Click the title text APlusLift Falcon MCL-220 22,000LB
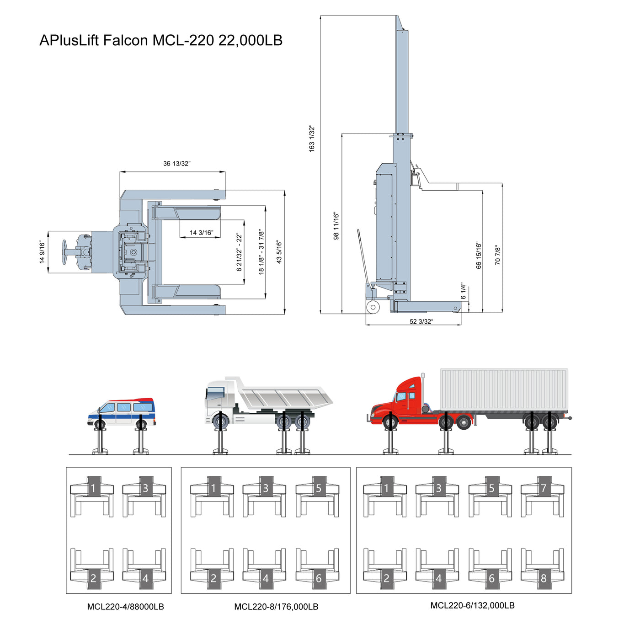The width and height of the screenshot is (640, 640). click(x=161, y=40)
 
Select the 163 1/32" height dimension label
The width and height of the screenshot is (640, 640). click(x=312, y=138)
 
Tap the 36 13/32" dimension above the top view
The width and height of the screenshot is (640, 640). click(x=177, y=164)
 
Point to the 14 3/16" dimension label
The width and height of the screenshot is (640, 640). click(x=201, y=233)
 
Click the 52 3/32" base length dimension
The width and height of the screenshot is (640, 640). click(x=421, y=321)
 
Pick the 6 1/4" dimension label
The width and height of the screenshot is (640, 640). click(x=464, y=291)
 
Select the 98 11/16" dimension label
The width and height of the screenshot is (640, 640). click(x=336, y=225)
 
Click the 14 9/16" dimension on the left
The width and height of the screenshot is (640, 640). click(x=42, y=252)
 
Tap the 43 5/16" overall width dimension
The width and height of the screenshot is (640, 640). click(x=279, y=252)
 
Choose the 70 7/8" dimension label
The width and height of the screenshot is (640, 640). click(x=498, y=255)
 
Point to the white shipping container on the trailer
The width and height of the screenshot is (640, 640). click(x=504, y=389)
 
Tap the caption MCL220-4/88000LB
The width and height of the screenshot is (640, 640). click(x=125, y=607)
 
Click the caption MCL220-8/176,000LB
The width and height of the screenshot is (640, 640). click(x=276, y=607)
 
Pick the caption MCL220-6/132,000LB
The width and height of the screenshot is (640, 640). click(x=472, y=605)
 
